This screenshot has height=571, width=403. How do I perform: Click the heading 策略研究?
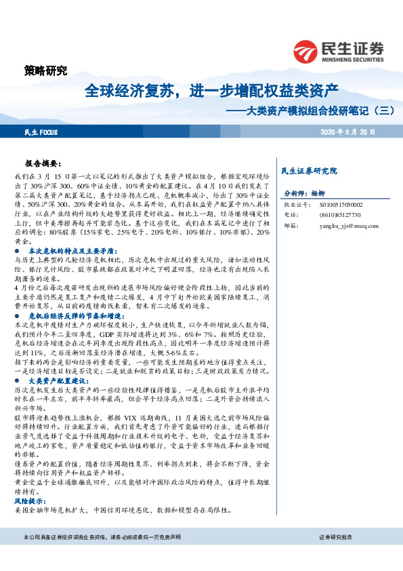pos(45,71)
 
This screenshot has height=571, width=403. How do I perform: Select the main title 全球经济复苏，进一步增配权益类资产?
pos(211,90)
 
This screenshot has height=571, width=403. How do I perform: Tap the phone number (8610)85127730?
pos(337,214)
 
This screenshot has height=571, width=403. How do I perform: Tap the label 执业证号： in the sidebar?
pos(296,203)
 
